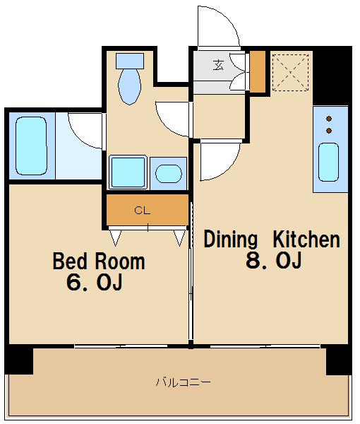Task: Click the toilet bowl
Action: (130, 86)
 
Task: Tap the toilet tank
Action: (130, 61)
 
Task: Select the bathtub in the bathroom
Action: (31, 146)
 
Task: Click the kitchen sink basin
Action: (328, 162)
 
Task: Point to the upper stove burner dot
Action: (329, 119)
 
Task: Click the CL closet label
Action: (142, 210)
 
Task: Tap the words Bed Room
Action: (99, 261)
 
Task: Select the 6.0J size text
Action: (95, 282)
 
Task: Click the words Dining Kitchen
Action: (272, 240)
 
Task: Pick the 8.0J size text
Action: (274, 260)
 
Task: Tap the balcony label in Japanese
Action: (183, 382)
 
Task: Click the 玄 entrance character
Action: (218, 65)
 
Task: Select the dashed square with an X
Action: (290, 73)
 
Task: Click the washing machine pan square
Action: (128, 172)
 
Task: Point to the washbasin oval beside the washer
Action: (169, 173)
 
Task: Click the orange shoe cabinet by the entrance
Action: (258, 71)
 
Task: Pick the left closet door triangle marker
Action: (115, 237)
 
